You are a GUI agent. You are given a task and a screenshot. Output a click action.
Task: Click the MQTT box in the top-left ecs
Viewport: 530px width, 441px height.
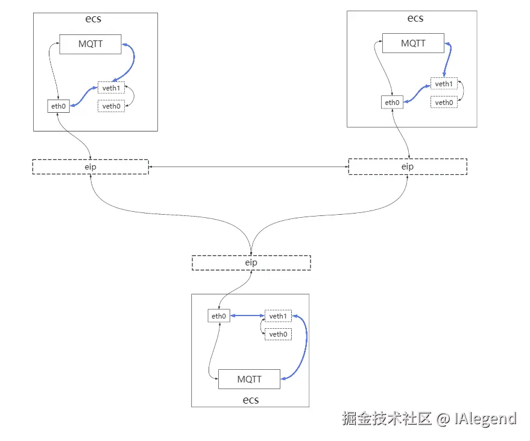coord(90,44)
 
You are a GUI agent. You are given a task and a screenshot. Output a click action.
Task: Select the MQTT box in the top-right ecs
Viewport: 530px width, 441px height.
coord(413,43)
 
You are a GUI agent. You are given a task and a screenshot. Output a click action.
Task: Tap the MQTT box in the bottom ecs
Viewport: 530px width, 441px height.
coord(249,379)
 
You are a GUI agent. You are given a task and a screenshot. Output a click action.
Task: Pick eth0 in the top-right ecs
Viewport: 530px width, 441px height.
coord(392,102)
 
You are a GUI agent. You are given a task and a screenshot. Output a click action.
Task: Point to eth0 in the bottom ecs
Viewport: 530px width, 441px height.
coord(218,316)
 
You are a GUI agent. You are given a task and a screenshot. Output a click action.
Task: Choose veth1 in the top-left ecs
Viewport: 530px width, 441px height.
coord(111,87)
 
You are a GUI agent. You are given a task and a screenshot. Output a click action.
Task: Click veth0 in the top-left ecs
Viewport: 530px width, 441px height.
coord(111,106)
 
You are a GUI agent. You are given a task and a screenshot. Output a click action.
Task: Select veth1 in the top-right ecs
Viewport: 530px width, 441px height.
coord(444,84)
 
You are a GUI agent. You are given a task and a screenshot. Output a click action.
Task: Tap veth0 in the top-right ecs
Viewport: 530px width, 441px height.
coord(444,103)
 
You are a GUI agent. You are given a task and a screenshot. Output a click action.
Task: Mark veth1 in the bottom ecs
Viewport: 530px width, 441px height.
coord(278,316)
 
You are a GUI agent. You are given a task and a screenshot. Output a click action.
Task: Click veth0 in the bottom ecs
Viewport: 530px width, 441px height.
coord(278,334)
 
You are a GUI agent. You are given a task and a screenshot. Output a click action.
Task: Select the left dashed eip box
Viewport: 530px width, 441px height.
coord(90,167)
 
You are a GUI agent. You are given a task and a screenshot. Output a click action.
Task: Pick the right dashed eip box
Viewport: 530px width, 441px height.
coord(408,167)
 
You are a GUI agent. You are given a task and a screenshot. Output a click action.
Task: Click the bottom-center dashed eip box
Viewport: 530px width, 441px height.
coord(251,262)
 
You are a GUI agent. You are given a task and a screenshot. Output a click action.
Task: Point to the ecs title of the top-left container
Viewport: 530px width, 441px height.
coord(93,19)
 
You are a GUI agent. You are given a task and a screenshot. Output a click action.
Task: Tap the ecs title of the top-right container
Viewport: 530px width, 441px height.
coord(415,17)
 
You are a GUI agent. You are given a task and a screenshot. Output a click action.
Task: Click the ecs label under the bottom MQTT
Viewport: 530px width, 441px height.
coord(250,399)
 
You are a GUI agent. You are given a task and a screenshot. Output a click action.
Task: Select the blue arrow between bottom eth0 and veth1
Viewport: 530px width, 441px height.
coord(247,316)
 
